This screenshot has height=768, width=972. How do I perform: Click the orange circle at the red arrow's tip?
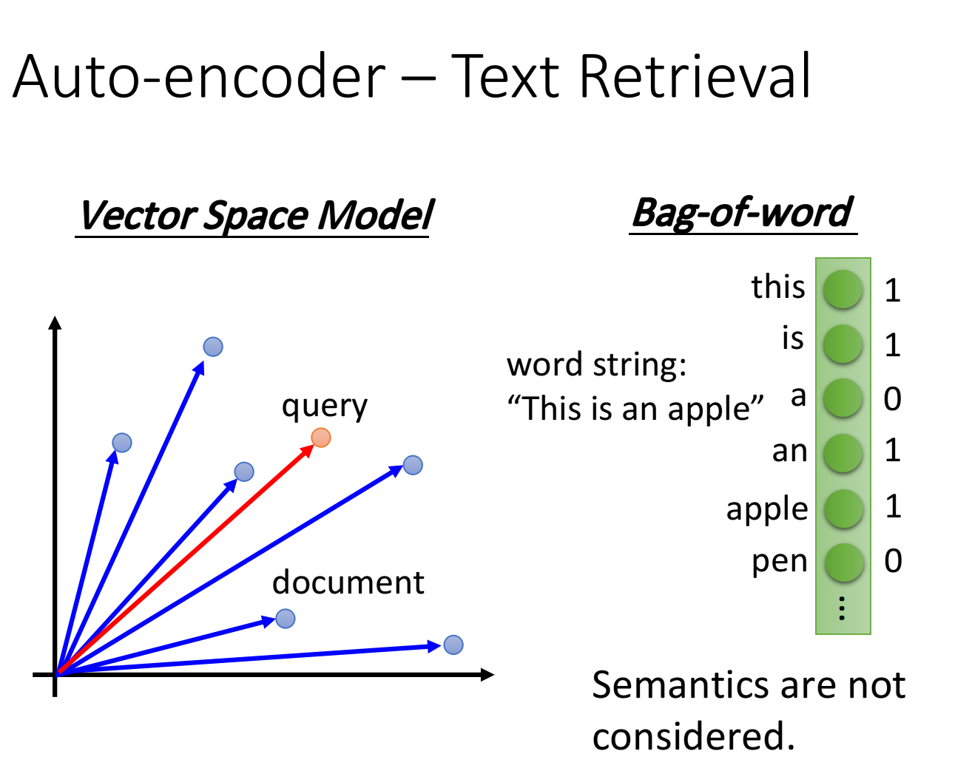[x=321, y=438]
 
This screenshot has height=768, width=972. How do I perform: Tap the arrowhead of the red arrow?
[x=307, y=449]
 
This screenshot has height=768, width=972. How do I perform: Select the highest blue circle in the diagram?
[x=213, y=347]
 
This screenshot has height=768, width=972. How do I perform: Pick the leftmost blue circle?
[x=122, y=443]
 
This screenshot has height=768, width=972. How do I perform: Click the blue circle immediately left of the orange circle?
[x=244, y=472]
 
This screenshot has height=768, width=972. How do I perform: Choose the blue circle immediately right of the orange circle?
[x=413, y=465]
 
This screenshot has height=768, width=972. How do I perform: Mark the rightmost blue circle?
[x=453, y=645]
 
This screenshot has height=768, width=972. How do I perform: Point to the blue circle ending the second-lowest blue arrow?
[x=286, y=619]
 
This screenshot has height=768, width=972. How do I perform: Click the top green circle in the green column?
[x=843, y=289]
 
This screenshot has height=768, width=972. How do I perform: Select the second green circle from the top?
[x=843, y=344]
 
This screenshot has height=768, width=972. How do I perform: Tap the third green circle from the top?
[x=843, y=398]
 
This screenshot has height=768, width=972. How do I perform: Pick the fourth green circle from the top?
[x=843, y=453]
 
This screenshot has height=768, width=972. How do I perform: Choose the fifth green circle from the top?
[x=843, y=509]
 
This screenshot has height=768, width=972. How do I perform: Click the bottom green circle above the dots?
[x=843, y=563]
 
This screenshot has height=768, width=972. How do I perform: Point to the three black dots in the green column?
[x=842, y=608]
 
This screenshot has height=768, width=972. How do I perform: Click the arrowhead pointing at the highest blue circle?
[x=200, y=367]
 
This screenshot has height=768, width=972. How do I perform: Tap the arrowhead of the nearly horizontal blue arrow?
[x=434, y=647]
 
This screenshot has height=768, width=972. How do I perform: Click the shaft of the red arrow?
[x=185, y=560]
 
